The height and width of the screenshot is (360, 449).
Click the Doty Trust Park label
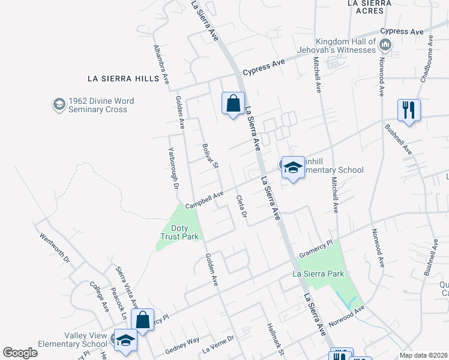180,232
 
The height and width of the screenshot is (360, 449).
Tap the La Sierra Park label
318,274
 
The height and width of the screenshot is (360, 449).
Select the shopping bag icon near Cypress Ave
232,104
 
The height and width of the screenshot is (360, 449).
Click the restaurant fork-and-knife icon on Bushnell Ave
408,110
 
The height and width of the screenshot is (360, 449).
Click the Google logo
20,353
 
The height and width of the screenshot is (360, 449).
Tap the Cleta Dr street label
242,207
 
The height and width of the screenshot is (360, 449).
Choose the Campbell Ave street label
204,200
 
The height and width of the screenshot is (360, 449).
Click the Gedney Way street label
183,341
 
